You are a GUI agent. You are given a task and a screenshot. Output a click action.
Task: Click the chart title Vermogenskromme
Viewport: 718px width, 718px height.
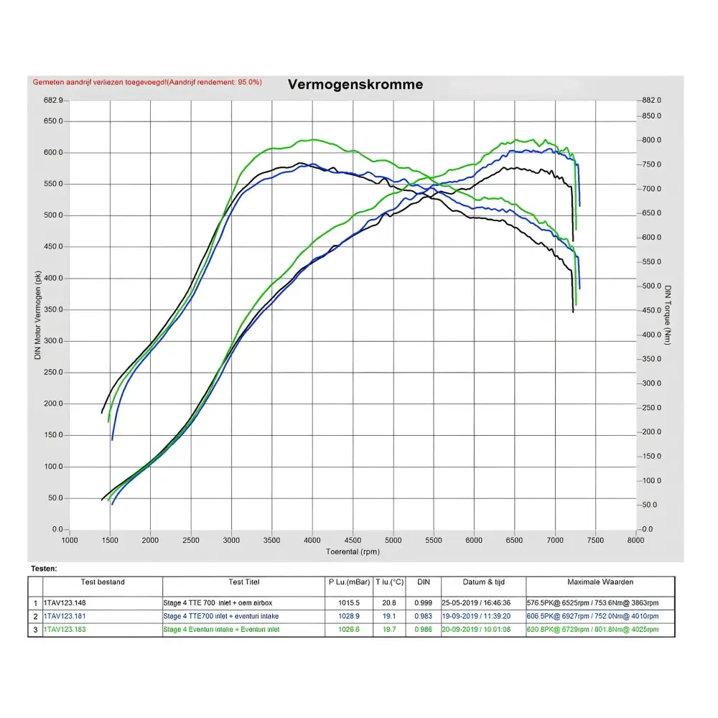click(355, 85)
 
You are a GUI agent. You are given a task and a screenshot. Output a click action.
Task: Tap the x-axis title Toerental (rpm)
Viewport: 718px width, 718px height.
click(353, 551)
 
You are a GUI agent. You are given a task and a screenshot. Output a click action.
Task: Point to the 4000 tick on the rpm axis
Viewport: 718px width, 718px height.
click(312, 540)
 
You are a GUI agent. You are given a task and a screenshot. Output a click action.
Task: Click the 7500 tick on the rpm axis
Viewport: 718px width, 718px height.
click(595, 540)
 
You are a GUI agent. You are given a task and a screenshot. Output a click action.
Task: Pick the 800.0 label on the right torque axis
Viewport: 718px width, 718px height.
click(651, 140)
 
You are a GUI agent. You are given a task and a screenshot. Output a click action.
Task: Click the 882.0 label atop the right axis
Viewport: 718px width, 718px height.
click(651, 101)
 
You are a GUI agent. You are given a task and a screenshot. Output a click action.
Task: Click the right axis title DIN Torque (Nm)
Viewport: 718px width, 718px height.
click(668, 314)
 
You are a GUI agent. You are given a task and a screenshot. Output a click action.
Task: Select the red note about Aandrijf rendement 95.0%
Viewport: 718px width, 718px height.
click(147, 83)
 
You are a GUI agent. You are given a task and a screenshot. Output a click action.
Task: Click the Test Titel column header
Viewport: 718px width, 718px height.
click(243, 582)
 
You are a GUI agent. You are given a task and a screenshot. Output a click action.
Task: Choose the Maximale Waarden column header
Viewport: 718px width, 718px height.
click(600, 582)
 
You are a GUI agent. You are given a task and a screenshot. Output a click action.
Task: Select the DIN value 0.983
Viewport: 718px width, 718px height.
click(424, 616)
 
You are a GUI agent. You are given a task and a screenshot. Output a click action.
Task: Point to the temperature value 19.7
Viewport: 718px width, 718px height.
click(389, 630)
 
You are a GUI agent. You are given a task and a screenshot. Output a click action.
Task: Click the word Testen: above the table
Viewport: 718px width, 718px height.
click(44, 568)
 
